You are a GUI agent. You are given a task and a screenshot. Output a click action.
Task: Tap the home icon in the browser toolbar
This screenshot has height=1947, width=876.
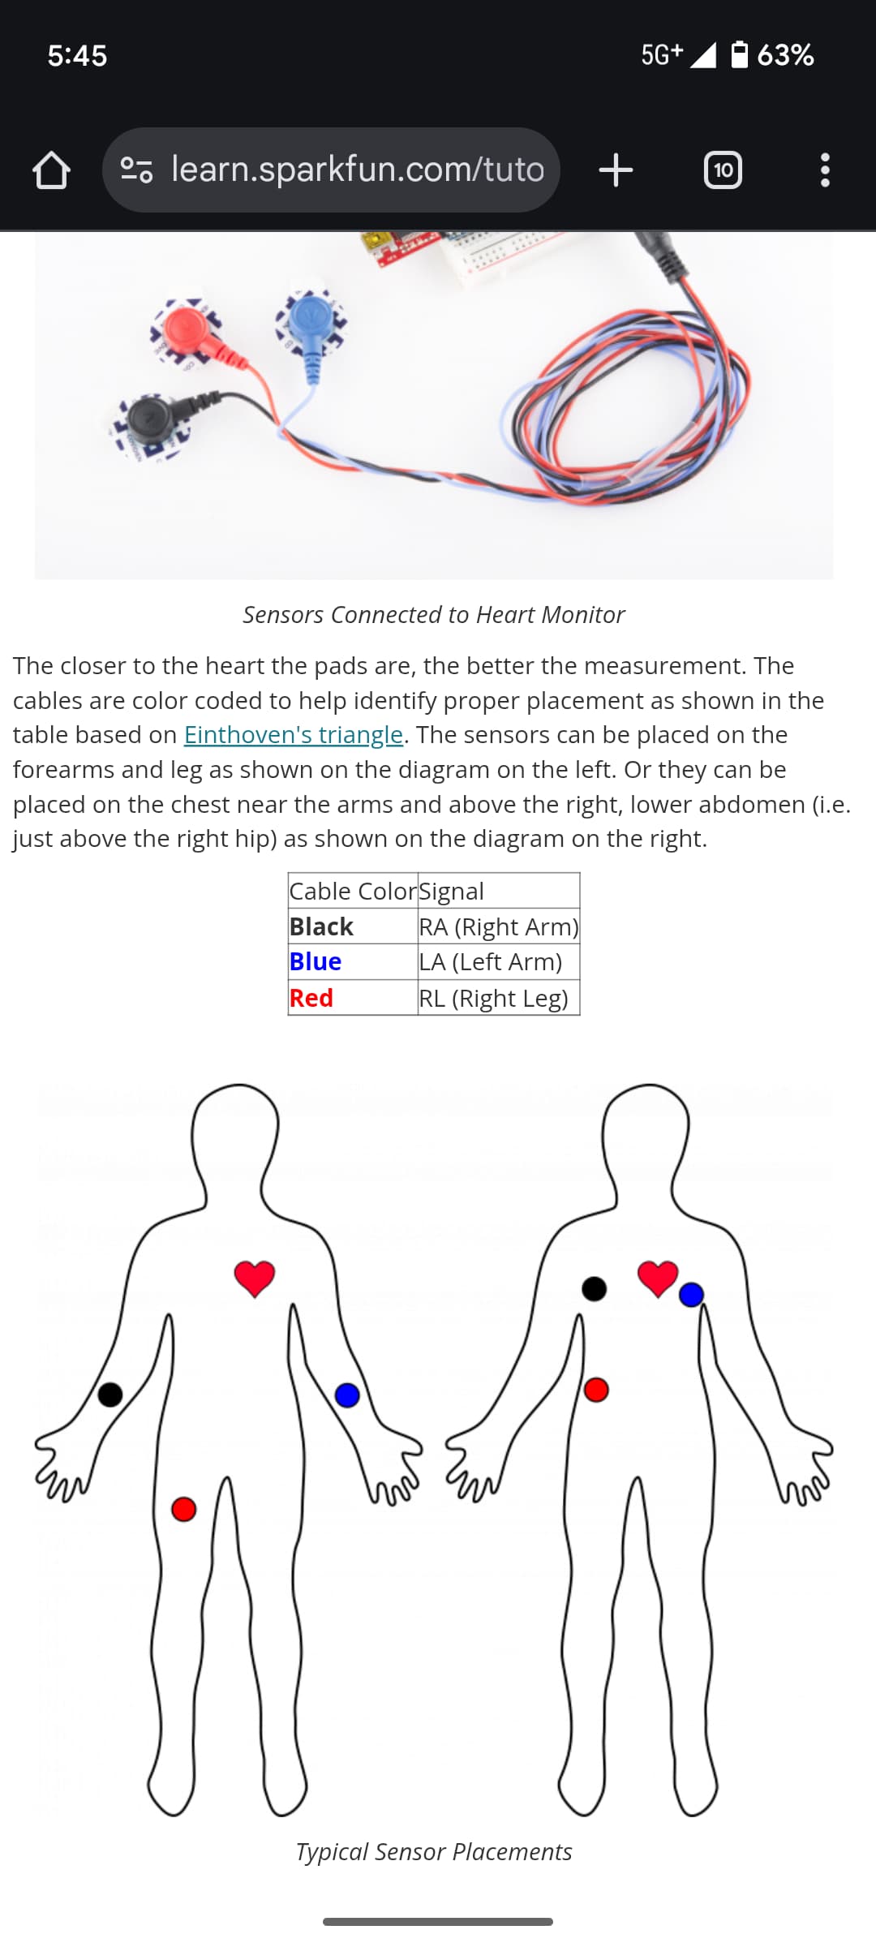tap(51, 170)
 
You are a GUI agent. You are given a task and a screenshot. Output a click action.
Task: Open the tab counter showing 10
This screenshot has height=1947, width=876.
tap(723, 170)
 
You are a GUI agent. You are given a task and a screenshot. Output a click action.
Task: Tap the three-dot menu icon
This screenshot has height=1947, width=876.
tap(825, 170)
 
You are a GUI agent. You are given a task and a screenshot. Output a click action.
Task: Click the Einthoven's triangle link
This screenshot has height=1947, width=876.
tap(293, 735)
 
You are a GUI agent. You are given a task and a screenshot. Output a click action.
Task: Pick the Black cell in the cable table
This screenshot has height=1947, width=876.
tap(322, 926)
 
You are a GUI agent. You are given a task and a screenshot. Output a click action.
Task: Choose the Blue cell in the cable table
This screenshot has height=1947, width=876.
tap(316, 962)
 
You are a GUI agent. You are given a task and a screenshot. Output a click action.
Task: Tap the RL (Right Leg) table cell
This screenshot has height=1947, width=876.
tap(494, 998)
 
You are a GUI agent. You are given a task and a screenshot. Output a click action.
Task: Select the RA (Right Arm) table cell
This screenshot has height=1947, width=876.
tap(499, 926)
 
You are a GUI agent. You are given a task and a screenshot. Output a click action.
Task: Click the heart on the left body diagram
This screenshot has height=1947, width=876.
tap(255, 1279)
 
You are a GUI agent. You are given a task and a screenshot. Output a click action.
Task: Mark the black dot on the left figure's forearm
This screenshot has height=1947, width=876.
tap(110, 1395)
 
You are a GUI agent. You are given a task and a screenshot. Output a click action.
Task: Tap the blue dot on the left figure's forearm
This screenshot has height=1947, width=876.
tap(347, 1395)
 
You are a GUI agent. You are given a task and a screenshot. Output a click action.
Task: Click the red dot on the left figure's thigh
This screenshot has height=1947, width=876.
tap(184, 1509)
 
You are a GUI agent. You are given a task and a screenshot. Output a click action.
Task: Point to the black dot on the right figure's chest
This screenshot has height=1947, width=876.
tap(595, 1288)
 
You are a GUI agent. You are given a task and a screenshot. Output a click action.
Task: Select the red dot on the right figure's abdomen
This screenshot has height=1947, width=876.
tap(596, 1390)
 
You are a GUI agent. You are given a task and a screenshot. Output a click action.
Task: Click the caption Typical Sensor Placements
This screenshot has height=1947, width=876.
tap(434, 1852)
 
